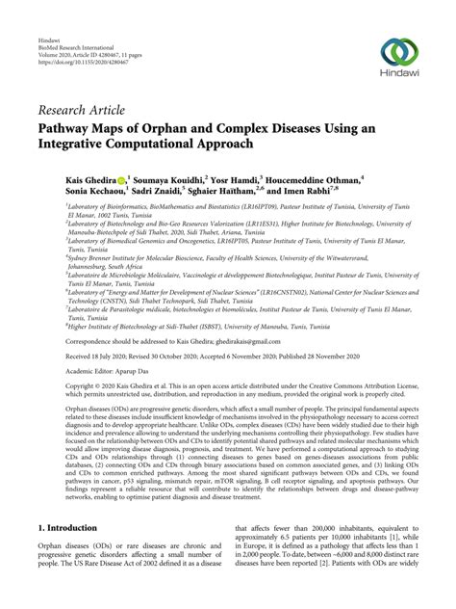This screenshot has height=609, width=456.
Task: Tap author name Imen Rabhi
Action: [x=314, y=192]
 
